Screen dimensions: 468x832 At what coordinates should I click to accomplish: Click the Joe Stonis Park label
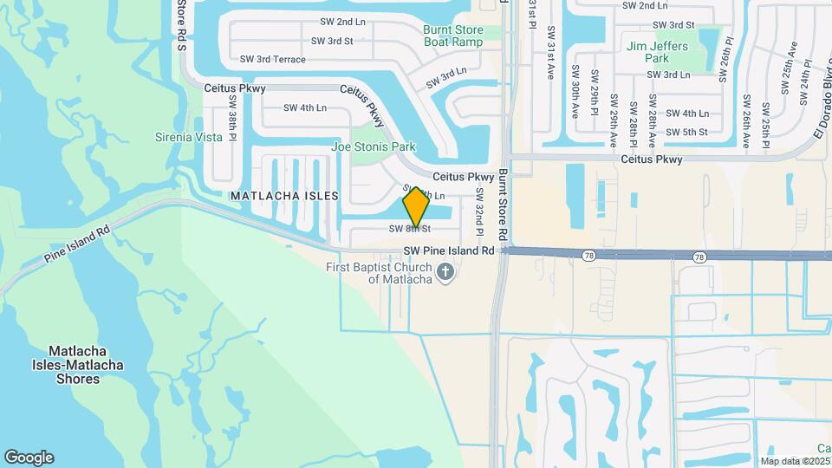[374, 146]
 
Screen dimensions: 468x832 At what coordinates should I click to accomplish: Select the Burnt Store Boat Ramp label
[452, 36]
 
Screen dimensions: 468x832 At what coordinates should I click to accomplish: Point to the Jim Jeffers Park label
[658, 52]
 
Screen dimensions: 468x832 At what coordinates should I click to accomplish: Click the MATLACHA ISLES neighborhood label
[284, 196]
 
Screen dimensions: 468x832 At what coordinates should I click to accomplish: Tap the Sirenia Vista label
[189, 137]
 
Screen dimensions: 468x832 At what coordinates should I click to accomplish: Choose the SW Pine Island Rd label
[449, 250]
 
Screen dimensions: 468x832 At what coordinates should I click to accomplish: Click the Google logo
[29, 458]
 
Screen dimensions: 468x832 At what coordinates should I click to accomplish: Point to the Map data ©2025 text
[795, 461]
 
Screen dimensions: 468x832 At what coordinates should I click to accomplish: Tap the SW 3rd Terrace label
[273, 59]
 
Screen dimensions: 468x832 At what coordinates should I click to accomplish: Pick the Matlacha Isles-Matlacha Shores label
[86, 365]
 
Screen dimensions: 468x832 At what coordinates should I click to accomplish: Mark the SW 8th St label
[410, 229]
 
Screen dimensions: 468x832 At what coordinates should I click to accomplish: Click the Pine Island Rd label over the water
[79, 245]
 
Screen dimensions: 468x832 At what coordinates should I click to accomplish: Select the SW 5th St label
[687, 132]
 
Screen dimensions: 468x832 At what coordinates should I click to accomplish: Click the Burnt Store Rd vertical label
[503, 205]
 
